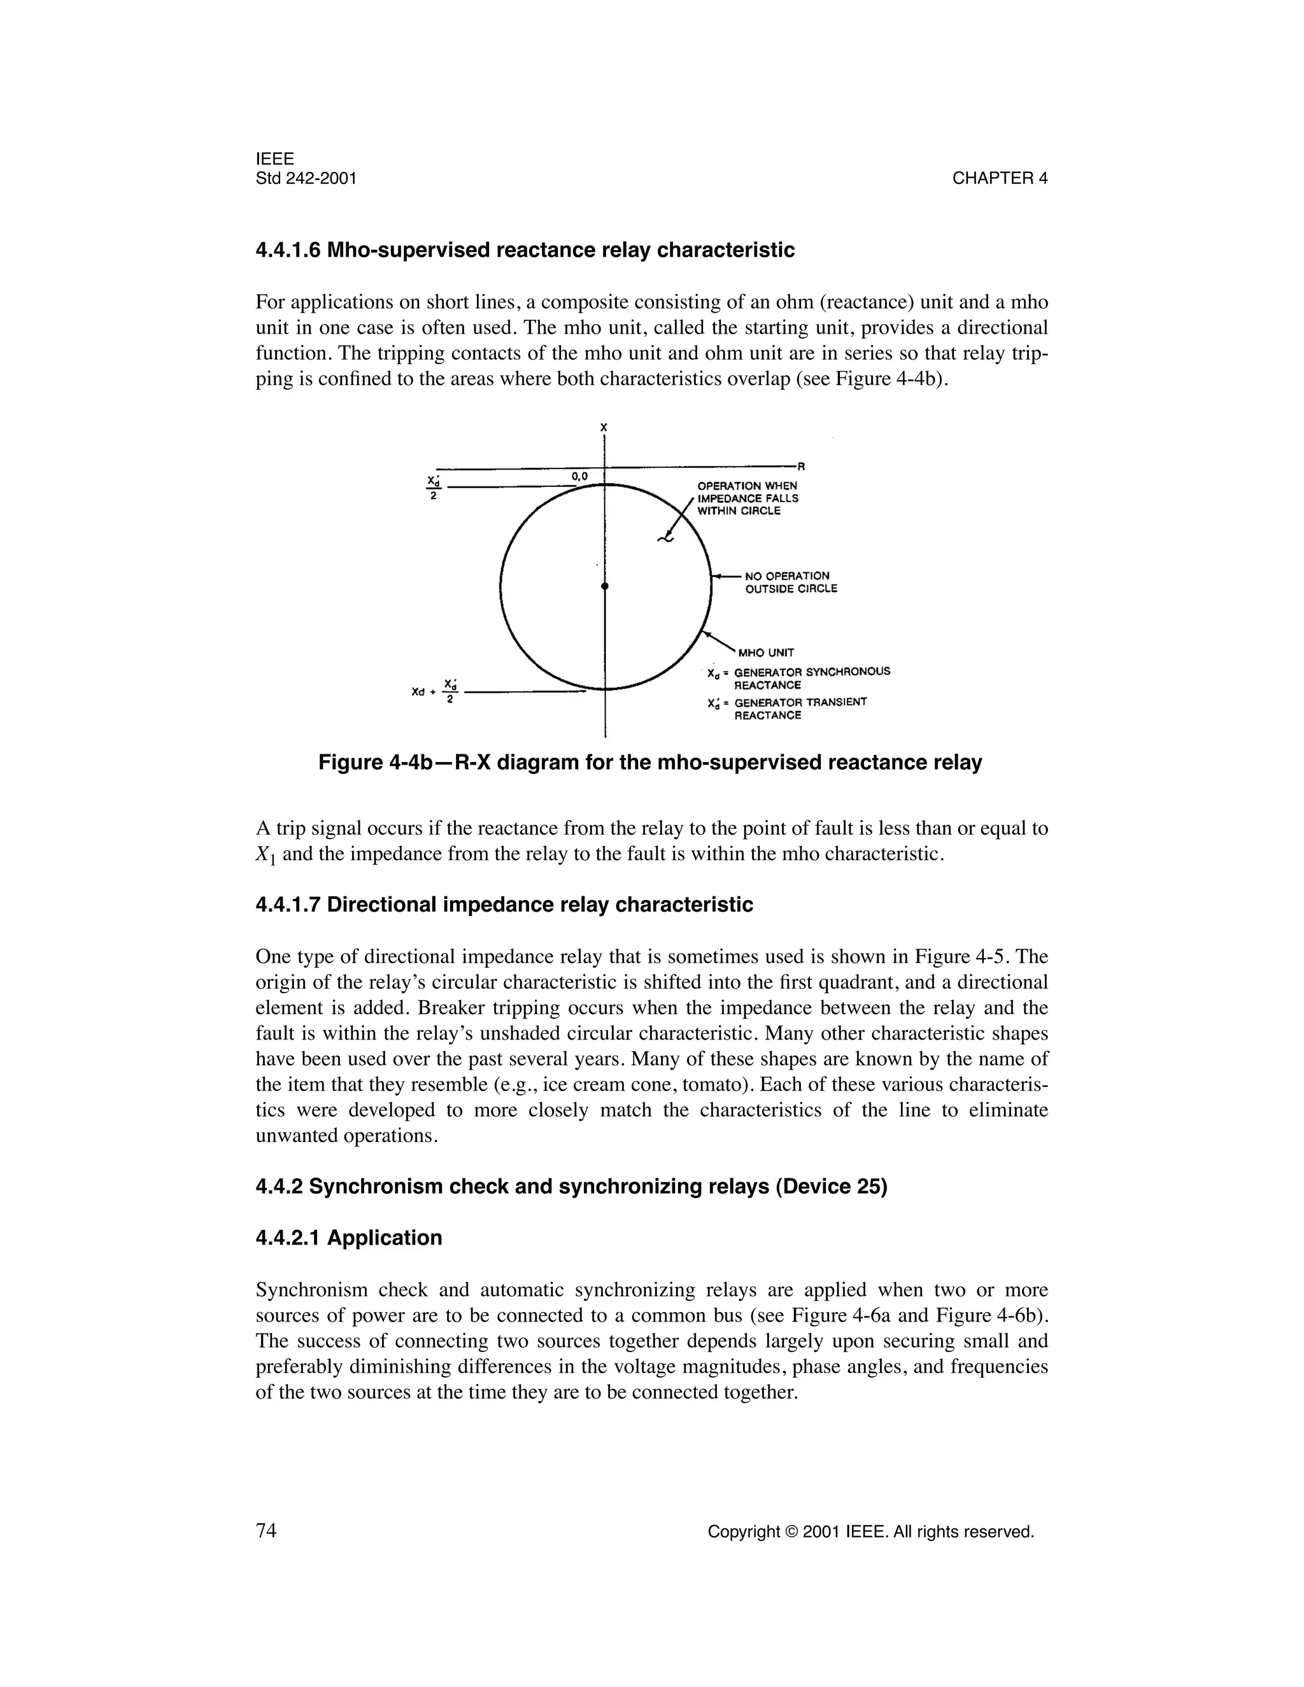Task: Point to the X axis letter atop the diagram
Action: (604, 427)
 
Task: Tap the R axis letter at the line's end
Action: (801, 467)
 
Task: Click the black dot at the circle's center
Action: (605, 587)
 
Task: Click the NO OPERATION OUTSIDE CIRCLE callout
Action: (790, 582)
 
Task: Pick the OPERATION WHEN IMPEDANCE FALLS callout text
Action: (747, 498)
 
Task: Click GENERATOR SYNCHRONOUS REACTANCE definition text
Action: (811, 677)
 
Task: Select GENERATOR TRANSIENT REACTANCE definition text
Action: (800, 709)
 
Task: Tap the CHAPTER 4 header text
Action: (1000, 178)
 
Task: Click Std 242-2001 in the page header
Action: (306, 178)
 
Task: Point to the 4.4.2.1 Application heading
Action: (348, 1238)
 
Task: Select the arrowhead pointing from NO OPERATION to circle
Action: (715, 576)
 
